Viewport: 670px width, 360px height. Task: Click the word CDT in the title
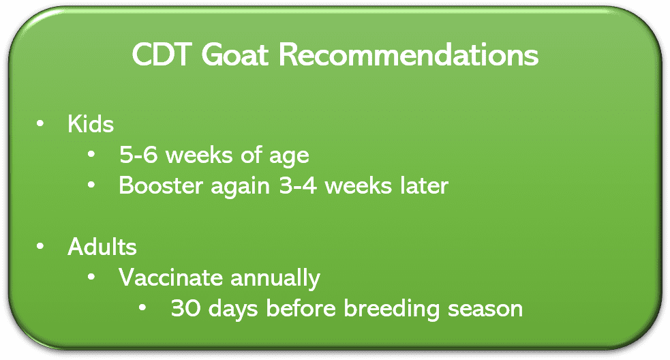point(161,55)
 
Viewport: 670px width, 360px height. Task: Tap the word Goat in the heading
point(234,55)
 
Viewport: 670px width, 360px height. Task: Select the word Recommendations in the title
point(408,55)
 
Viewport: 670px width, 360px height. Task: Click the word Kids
point(91,124)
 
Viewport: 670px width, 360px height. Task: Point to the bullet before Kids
point(40,123)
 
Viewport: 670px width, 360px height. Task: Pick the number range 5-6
point(138,154)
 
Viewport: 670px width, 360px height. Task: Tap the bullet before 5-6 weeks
point(91,154)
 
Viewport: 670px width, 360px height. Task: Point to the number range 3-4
point(298,185)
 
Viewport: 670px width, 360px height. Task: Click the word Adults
point(102,247)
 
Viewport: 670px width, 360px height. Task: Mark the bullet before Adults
point(40,246)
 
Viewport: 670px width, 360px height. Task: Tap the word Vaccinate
point(170,277)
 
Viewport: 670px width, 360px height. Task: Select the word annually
point(275,279)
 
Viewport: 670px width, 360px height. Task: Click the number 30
point(185,308)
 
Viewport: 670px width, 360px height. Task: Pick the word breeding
point(391,310)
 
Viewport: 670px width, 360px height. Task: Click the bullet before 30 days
point(142,307)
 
